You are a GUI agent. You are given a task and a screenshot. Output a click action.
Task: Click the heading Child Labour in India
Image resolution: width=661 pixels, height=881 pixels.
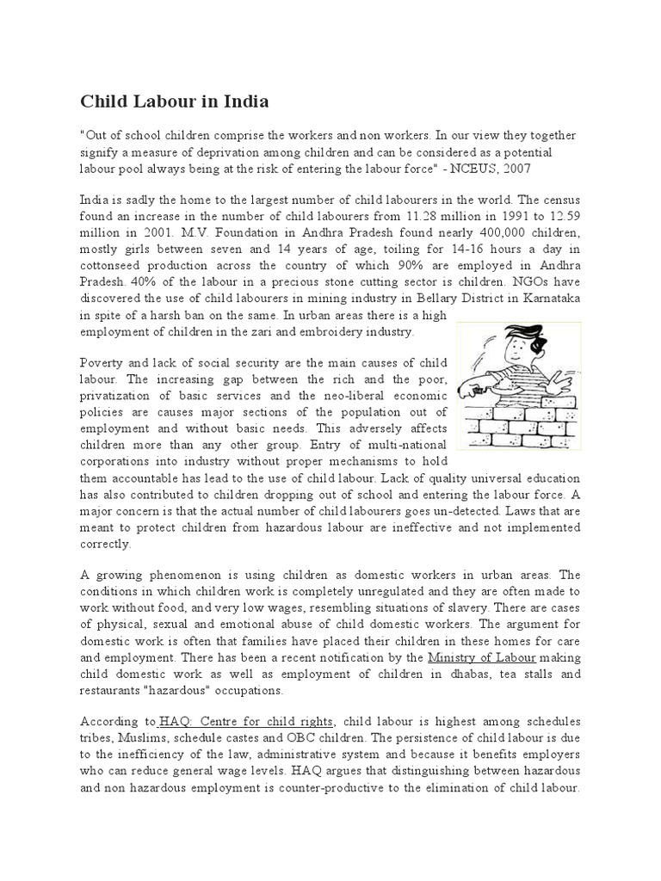[x=175, y=102]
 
